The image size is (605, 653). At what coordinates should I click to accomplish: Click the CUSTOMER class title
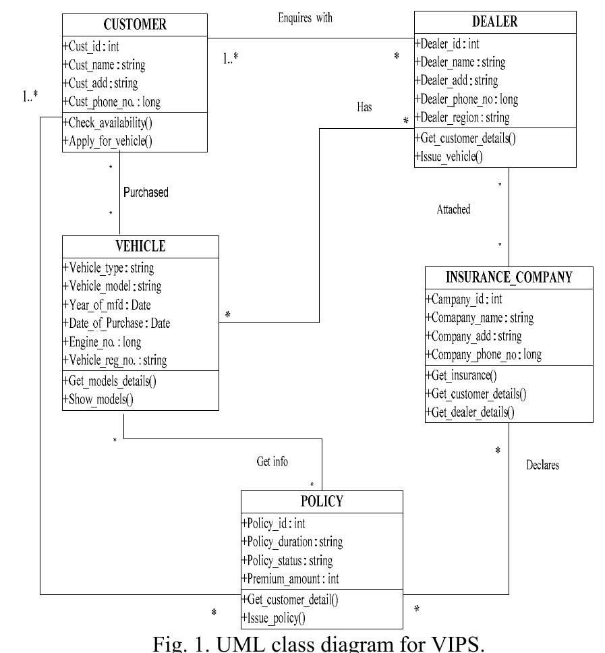click(x=135, y=25)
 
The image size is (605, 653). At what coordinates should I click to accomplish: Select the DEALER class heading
click(x=494, y=22)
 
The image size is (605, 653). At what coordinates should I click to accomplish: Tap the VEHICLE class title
click(x=140, y=246)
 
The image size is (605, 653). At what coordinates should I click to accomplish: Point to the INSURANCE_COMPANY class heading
click(x=509, y=277)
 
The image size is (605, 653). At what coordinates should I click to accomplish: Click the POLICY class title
click(x=322, y=501)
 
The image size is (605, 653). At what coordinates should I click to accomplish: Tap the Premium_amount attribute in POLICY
click(x=290, y=579)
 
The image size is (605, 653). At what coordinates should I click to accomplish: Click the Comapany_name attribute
click(x=479, y=317)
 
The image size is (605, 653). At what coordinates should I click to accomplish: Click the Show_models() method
click(x=98, y=399)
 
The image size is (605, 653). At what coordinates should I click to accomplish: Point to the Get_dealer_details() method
click(x=469, y=412)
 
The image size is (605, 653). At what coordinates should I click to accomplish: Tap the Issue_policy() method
click(x=274, y=617)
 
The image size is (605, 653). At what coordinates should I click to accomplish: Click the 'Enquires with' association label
click(x=305, y=18)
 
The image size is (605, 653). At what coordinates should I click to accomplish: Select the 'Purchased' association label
click(x=146, y=192)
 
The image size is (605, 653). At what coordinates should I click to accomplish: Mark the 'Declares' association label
click(x=542, y=465)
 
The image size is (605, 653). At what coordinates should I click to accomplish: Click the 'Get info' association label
click(x=272, y=462)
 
